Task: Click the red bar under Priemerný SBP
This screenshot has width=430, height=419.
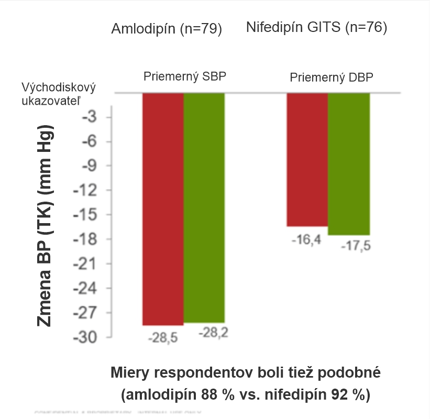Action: pyautogui.click(x=163, y=209)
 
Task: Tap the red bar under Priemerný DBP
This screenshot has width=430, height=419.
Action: pyautogui.click(x=307, y=160)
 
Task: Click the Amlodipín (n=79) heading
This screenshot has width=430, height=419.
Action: pyautogui.click(x=167, y=29)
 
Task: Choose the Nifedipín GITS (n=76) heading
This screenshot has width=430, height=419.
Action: pyautogui.click(x=316, y=27)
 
